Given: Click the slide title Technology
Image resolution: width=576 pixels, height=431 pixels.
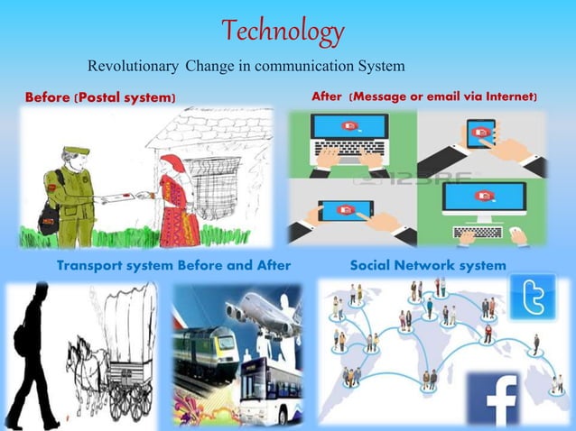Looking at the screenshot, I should pyautogui.click(x=283, y=32).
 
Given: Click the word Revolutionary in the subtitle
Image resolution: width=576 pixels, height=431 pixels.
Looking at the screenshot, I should pyautogui.click(x=134, y=66).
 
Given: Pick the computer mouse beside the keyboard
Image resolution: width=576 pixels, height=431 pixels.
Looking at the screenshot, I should pyautogui.click(x=518, y=236).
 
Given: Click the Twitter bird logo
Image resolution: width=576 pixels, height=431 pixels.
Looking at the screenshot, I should pyautogui.click(x=533, y=298).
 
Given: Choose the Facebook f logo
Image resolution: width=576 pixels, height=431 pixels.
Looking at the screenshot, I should pyautogui.click(x=491, y=401).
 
